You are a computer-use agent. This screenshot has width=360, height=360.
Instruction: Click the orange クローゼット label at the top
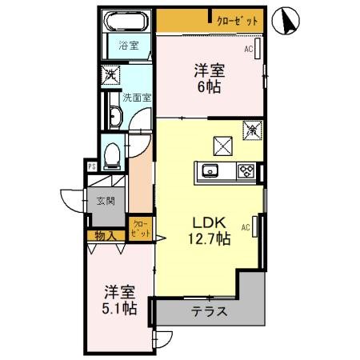(x=237, y=22)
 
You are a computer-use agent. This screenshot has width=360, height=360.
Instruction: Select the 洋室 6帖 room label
(x=209, y=78)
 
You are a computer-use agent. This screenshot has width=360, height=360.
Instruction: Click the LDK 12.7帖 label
(x=209, y=230)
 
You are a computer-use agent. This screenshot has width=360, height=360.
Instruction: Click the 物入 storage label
(x=105, y=235)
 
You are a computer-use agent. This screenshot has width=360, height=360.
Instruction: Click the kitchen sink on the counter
(x=211, y=170)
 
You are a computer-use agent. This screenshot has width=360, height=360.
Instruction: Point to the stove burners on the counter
(x=246, y=170)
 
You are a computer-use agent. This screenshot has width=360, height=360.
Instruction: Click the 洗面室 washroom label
(x=137, y=98)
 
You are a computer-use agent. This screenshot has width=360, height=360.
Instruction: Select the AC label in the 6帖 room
(x=249, y=50)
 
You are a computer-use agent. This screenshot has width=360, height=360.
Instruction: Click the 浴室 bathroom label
(x=128, y=45)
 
